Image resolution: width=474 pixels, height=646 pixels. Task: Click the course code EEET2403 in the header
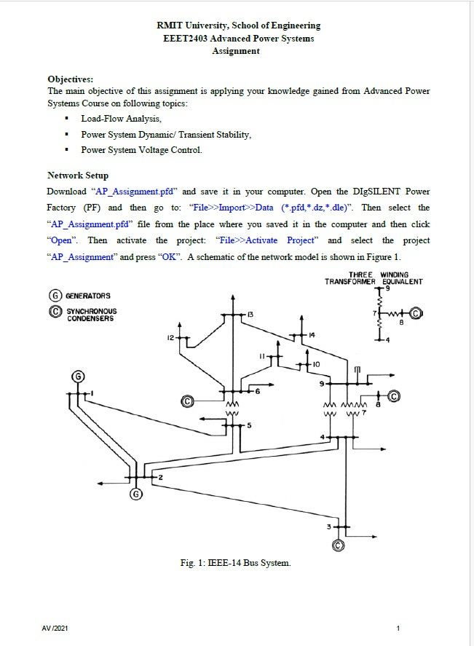186,39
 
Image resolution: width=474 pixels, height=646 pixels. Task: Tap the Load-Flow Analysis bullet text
121,119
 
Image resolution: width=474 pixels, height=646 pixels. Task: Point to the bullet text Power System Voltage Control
141,150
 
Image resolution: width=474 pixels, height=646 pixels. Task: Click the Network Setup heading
78,176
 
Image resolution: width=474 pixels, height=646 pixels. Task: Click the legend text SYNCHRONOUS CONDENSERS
91,315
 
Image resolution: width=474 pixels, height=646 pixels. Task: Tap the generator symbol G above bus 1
78,377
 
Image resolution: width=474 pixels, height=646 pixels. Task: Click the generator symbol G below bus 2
136,495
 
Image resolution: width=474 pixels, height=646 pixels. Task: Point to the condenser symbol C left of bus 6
187,401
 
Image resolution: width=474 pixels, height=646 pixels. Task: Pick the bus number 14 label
311,334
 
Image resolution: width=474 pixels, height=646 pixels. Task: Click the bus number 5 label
249,425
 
